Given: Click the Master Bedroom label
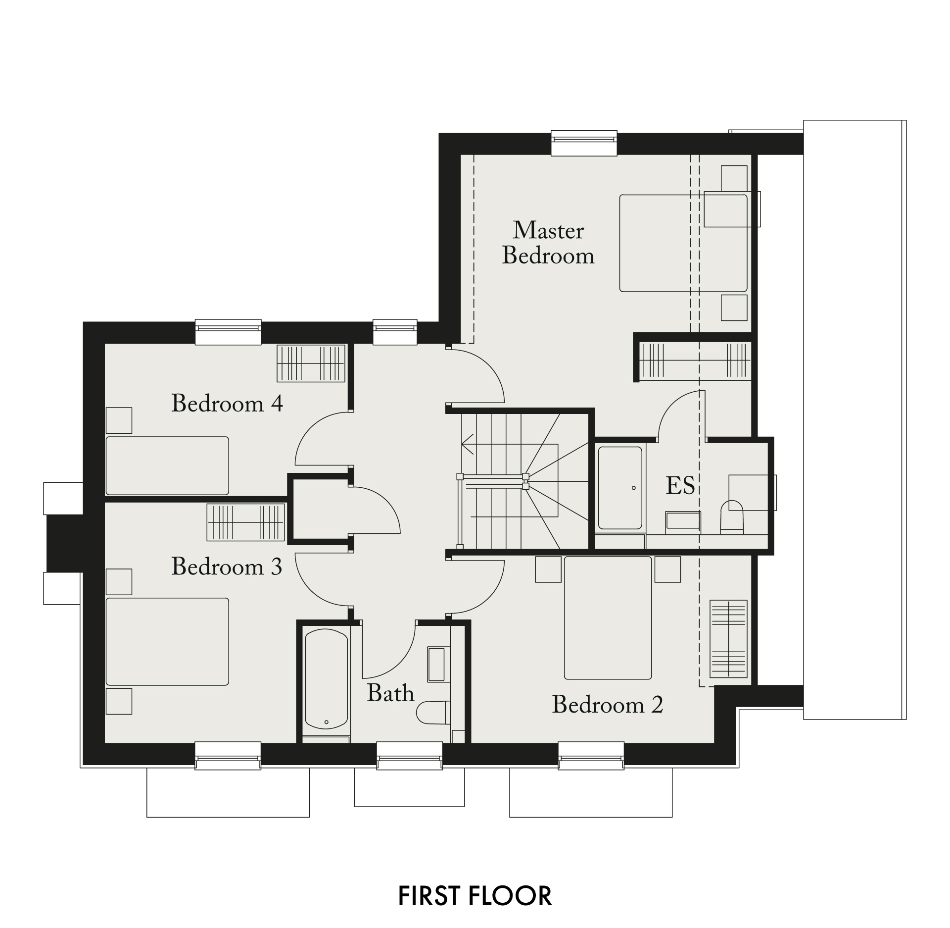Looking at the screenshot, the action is click(x=548, y=243).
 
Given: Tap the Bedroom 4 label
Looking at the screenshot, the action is click(x=227, y=403).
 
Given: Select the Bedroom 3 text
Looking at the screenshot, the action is click(x=227, y=566).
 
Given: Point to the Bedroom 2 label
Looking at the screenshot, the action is click(x=607, y=704).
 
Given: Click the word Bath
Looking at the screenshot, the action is click(x=390, y=693).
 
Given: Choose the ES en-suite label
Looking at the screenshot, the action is click(x=680, y=486).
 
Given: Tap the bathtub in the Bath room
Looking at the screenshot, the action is click(x=327, y=678).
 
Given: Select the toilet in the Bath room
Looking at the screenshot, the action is click(x=433, y=713).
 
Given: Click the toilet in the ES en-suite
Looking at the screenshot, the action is click(x=732, y=517).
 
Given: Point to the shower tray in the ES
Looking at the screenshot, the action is click(x=620, y=488).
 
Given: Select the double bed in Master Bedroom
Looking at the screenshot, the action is click(x=683, y=243).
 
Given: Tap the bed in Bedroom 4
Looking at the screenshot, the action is click(x=167, y=465).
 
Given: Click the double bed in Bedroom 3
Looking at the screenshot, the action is click(x=167, y=642).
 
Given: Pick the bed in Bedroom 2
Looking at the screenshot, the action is click(x=608, y=618).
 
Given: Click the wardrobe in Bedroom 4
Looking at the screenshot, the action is click(x=311, y=363).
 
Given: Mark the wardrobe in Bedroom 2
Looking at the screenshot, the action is click(x=728, y=639).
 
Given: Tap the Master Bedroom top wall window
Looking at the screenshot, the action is click(x=584, y=143).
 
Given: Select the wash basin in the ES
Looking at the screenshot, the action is click(x=683, y=521).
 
